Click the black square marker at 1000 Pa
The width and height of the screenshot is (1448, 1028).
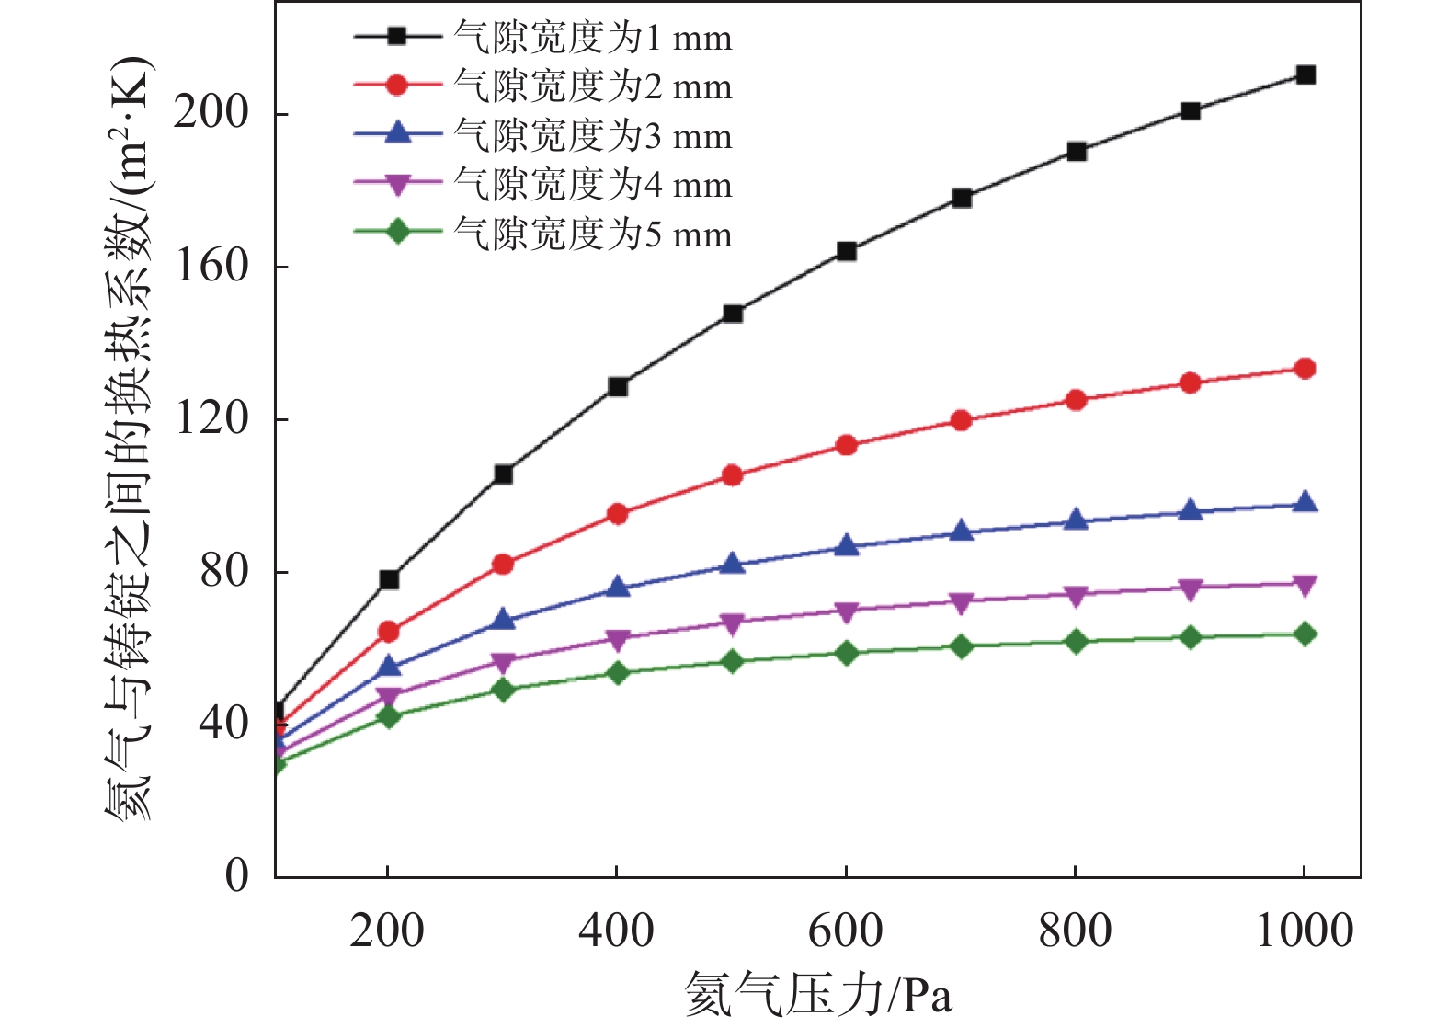click(1305, 74)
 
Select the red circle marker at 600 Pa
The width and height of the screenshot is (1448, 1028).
click(846, 446)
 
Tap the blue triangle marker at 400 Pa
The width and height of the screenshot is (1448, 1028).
click(618, 588)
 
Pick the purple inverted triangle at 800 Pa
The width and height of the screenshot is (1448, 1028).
click(1076, 596)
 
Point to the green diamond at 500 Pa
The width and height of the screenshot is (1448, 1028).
click(732, 661)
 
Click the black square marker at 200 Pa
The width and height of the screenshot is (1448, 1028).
click(389, 579)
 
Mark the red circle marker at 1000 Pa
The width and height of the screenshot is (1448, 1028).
click(1305, 369)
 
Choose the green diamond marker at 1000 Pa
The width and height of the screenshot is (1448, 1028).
click(1305, 634)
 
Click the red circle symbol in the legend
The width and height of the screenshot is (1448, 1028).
click(397, 86)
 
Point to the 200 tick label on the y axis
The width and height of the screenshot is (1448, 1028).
click(211, 113)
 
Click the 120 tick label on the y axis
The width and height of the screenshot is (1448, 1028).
click(211, 418)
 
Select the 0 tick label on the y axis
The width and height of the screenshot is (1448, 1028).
click(237, 875)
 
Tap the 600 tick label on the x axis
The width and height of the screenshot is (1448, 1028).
click(845, 931)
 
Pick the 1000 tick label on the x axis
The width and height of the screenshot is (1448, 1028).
click(1304, 931)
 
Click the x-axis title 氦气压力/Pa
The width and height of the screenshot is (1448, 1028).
click(817, 995)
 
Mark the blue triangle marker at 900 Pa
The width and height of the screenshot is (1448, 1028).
click(1191, 510)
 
